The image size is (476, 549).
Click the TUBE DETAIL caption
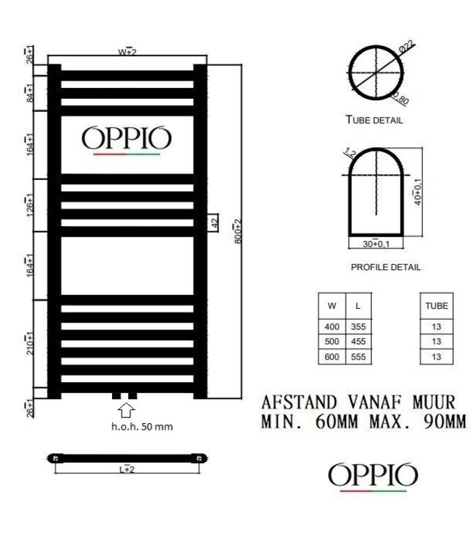click(374, 120)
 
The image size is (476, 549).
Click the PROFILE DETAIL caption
click(385, 266)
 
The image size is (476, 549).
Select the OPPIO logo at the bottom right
click(373, 476)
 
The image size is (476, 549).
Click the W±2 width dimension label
click(127, 52)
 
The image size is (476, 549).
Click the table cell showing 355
click(357, 327)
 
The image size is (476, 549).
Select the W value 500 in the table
click(332, 341)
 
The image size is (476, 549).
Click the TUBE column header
click(436, 306)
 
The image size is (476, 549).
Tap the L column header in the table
click(357, 306)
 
